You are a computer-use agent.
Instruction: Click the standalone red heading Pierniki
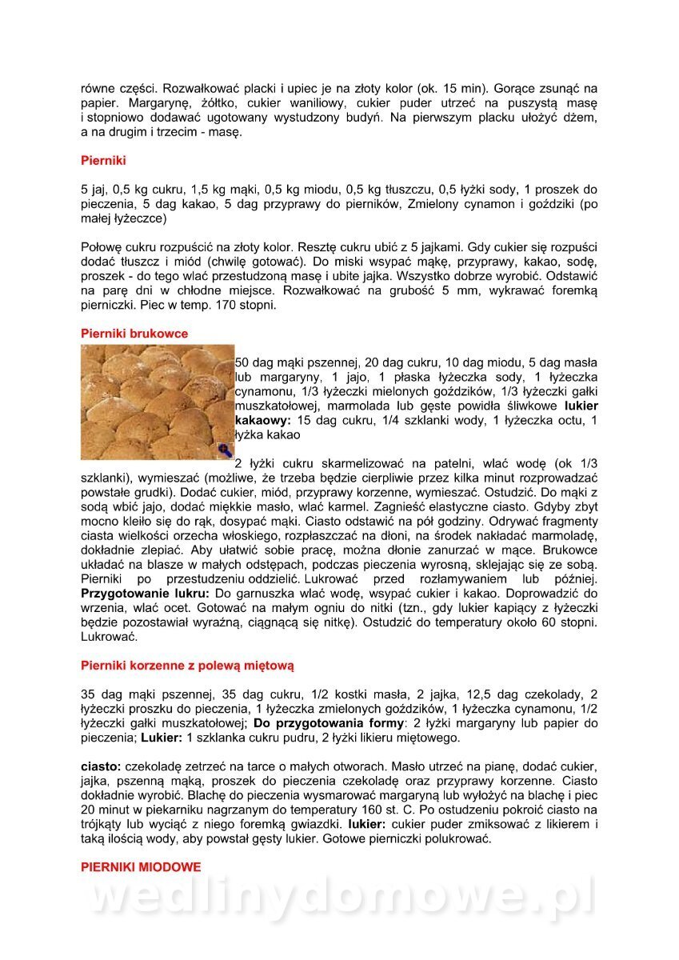point(103,161)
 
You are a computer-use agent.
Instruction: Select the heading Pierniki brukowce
point(134,334)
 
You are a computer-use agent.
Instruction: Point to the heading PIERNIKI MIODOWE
point(141,866)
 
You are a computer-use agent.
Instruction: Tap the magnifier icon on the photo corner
point(225,452)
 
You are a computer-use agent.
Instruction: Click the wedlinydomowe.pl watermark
point(340,898)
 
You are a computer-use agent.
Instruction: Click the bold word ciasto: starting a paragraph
point(102,766)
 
